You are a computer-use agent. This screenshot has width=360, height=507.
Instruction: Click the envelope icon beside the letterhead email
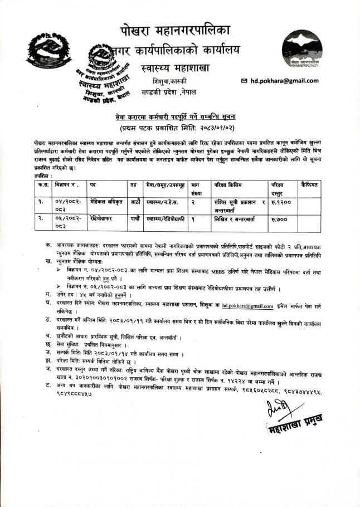(x=244, y=81)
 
